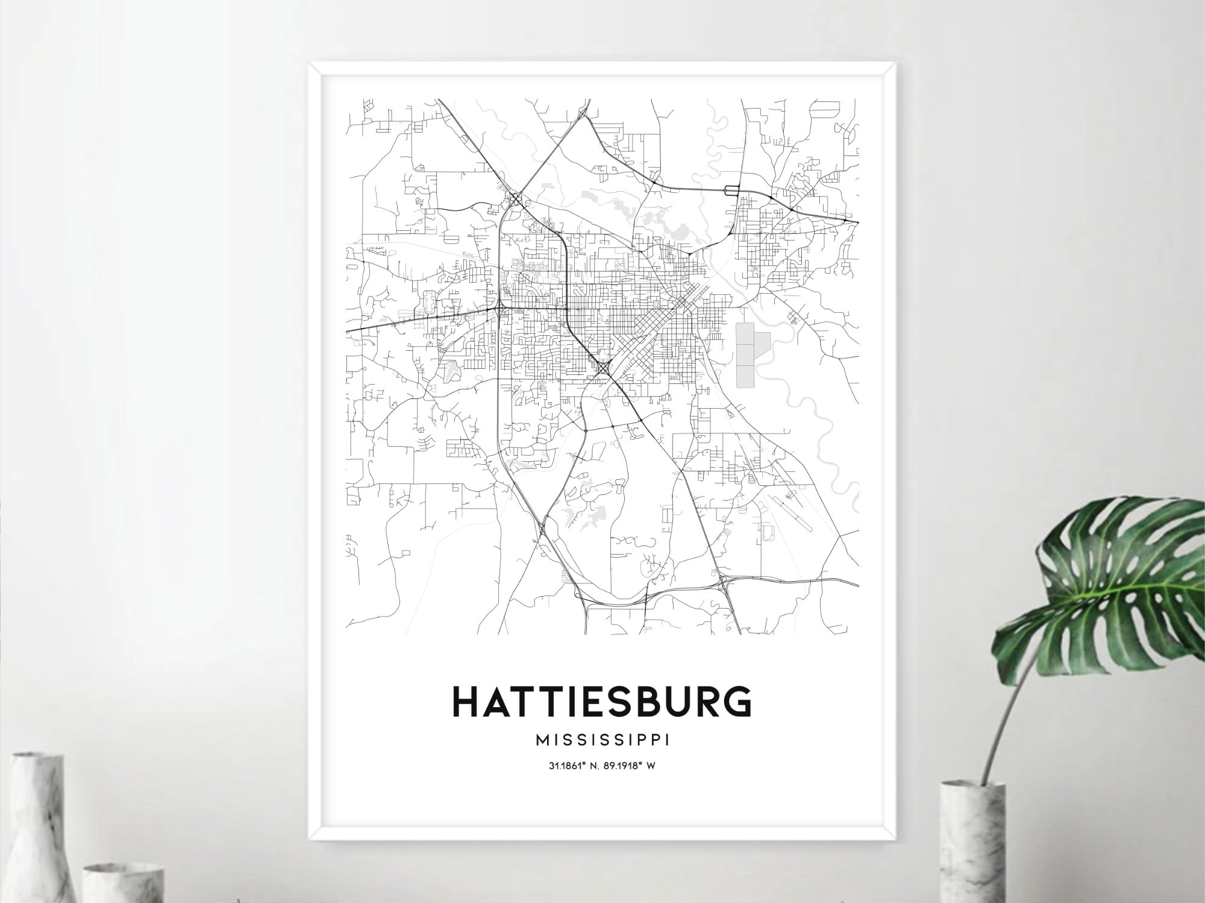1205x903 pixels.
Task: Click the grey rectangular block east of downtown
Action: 746,355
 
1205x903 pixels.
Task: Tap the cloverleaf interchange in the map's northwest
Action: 515,198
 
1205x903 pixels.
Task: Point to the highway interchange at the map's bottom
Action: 722,582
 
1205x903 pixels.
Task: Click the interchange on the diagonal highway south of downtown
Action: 602,367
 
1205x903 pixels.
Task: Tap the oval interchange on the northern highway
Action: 731,191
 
